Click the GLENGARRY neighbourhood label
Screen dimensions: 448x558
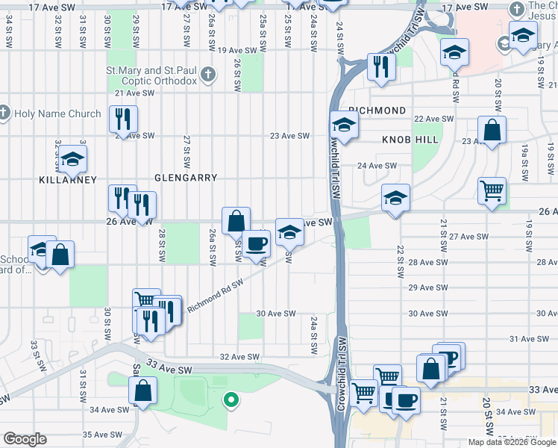click(185, 178)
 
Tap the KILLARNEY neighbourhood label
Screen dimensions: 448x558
click(69, 180)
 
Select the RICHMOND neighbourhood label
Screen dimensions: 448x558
click(377, 111)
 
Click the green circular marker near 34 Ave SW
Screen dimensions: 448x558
click(231, 399)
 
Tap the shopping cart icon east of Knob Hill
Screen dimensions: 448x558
click(492, 192)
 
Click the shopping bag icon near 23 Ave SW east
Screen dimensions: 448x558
click(492, 130)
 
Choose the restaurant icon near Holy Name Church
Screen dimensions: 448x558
click(122, 119)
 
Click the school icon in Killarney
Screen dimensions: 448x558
click(72, 158)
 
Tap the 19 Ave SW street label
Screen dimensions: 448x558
click(242, 50)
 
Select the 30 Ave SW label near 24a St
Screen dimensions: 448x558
click(276, 314)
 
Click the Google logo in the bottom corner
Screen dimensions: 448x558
click(25, 439)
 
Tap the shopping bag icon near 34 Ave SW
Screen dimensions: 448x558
click(142, 391)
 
